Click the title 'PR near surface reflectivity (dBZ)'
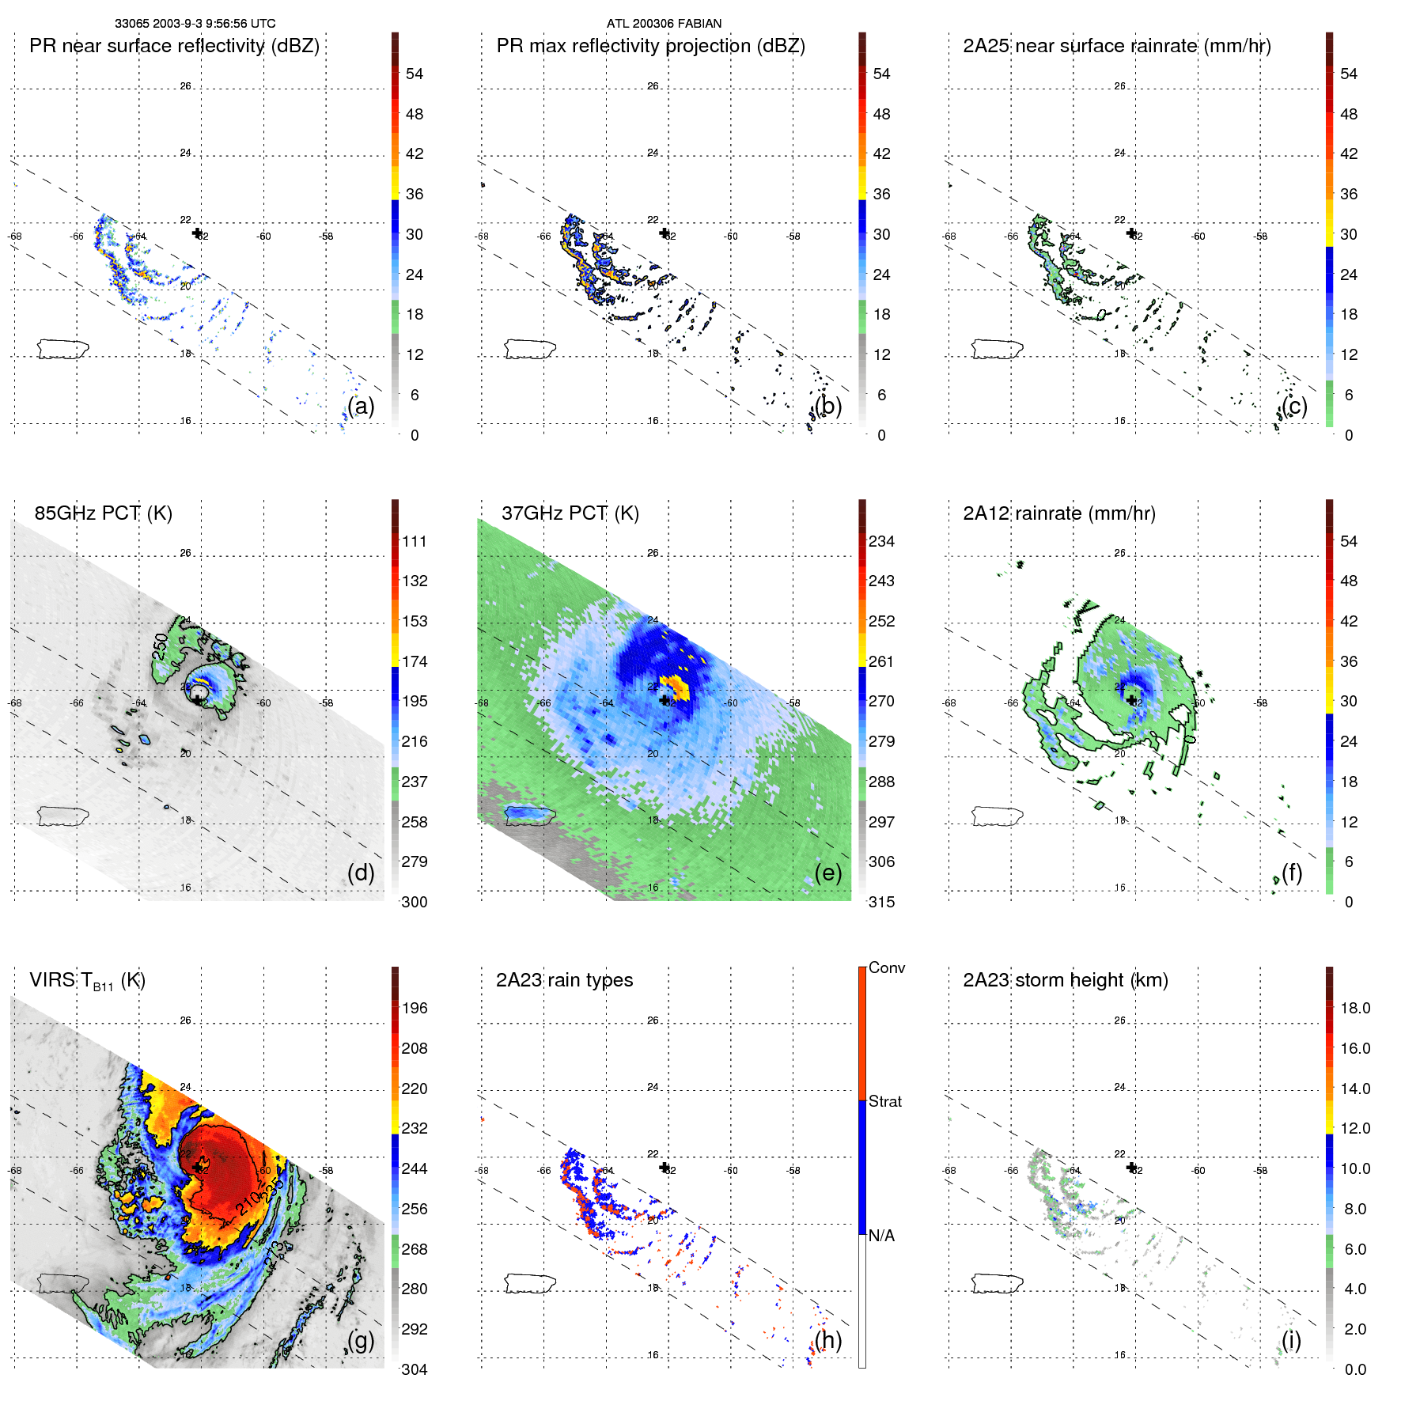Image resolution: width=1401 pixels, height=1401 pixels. click(174, 46)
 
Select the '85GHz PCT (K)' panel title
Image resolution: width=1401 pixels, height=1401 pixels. click(103, 513)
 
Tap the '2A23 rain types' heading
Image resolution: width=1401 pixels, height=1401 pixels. click(564, 980)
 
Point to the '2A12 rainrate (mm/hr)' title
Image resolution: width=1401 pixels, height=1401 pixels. click(1058, 513)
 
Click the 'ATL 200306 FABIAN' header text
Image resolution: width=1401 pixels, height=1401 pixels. click(664, 24)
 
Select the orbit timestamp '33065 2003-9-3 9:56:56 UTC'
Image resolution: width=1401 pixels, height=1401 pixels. click(195, 24)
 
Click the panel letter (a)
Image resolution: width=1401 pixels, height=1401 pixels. click(361, 406)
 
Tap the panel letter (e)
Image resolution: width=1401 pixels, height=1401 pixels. click(827, 873)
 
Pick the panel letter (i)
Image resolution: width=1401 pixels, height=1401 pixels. click(1291, 1340)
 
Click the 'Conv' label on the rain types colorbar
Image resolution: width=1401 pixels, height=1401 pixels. click(886, 967)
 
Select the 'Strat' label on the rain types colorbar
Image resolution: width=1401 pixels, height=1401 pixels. click(884, 1101)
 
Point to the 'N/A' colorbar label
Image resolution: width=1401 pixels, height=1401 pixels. click(881, 1236)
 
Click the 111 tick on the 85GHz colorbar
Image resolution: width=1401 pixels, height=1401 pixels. click(414, 541)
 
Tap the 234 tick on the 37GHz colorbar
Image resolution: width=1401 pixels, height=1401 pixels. click(881, 541)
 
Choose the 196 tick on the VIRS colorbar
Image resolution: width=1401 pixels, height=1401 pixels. click(414, 1008)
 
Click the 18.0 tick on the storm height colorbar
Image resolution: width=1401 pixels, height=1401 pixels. click(1354, 1008)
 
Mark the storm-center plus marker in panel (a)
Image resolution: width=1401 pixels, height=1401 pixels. click(197, 233)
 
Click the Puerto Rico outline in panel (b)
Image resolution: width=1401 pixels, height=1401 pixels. click(529, 348)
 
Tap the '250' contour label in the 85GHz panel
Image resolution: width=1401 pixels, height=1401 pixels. click(161, 646)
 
